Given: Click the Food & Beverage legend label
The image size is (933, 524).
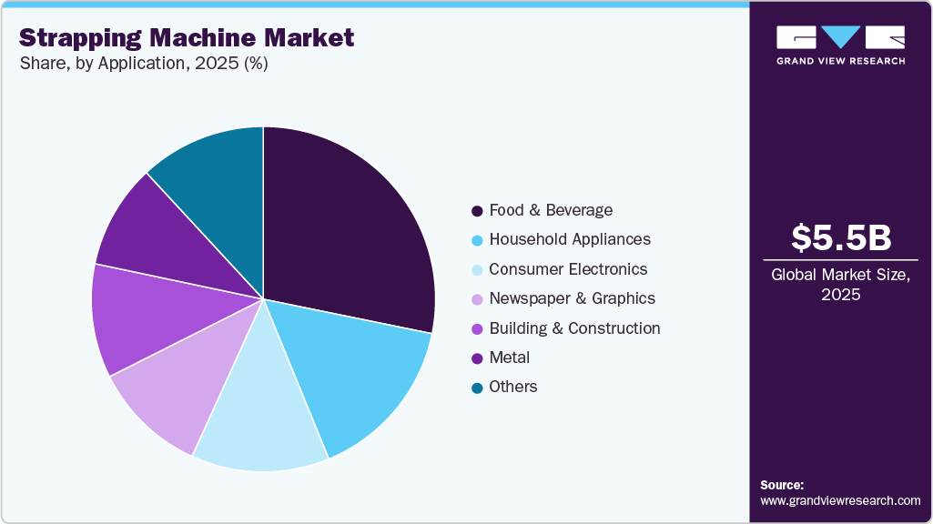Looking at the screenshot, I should point(551,210).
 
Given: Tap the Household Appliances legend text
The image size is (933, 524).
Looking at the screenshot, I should point(570,239).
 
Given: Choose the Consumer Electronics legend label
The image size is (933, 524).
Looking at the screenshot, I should point(568,269).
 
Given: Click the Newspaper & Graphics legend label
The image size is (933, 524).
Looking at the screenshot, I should point(572,298).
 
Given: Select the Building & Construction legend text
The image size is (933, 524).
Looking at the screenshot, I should point(574,327).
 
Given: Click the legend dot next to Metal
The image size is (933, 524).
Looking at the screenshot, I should point(476,358).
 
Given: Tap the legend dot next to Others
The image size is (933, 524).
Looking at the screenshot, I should point(476,388).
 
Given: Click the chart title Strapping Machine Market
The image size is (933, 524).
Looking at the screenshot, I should point(187,37).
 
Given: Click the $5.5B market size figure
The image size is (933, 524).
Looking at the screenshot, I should point(840,237).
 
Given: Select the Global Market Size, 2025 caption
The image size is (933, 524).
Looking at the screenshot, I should point(840,284).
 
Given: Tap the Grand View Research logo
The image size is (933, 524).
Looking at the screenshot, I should point(840,45).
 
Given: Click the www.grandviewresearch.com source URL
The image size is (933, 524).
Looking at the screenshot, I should point(840,500).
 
